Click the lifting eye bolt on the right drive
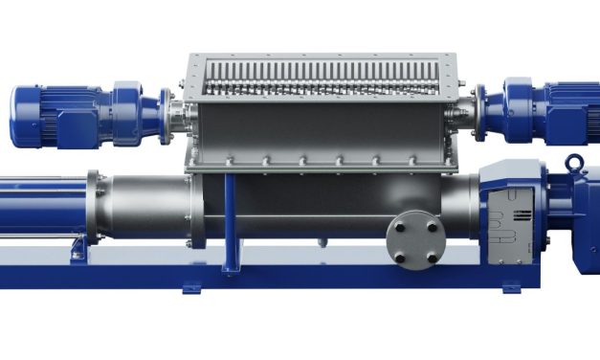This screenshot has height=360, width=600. point(574,162)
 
